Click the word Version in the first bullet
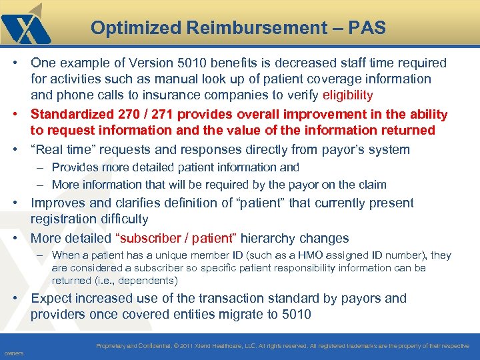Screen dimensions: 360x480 (x=151, y=63)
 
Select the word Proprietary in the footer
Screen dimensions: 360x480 (x=117, y=346)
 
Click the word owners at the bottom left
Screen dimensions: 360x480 (x=13, y=353)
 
